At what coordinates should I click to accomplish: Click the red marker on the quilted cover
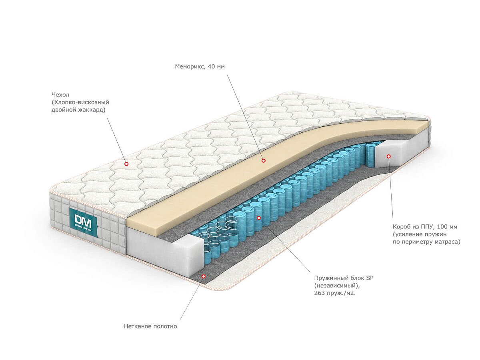126,164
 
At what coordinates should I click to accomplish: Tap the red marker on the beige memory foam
264,161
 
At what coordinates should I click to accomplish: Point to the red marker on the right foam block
388,156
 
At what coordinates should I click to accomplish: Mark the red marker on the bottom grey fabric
204,276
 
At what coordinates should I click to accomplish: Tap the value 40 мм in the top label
216,66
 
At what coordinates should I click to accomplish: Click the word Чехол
60,95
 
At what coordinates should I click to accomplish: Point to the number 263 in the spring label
319,293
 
